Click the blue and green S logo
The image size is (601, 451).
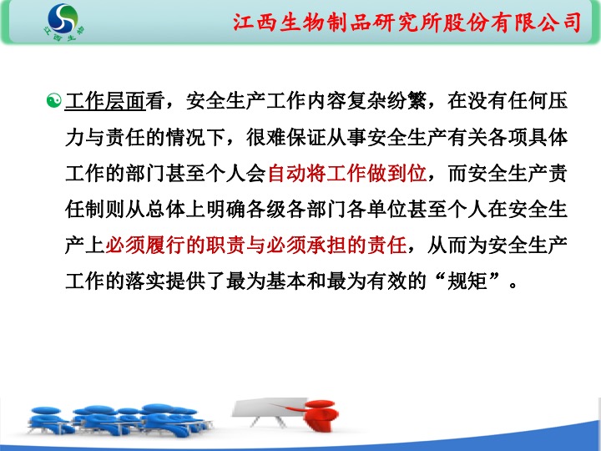(x=63, y=18)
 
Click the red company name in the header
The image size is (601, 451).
(x=407, y=23)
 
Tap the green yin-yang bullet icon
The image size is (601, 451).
(x=53, y=100)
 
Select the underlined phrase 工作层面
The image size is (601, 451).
(x=105, y=101)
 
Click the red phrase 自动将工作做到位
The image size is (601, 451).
(x=347, y=173)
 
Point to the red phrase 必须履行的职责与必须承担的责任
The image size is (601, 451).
(x=255, y=245)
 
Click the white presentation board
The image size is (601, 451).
(x=270, y=408)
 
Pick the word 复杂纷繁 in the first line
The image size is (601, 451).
(x=386, y=101)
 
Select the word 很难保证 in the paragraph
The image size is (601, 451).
(x=286, y=137)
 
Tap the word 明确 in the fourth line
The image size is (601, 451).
(x=225, y=210)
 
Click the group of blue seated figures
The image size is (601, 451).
(x=119, y=420)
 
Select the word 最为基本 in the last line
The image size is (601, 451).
(x=266, y=281)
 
